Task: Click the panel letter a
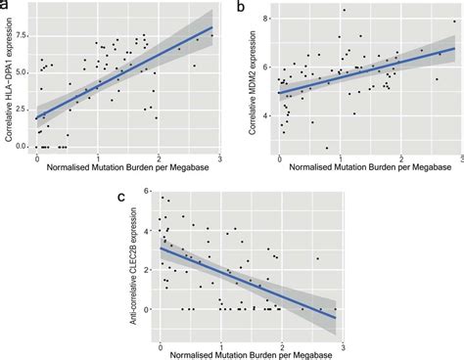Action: coord(6,6)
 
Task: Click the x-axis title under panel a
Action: coord(130,169)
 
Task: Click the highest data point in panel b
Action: coord(344,11)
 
